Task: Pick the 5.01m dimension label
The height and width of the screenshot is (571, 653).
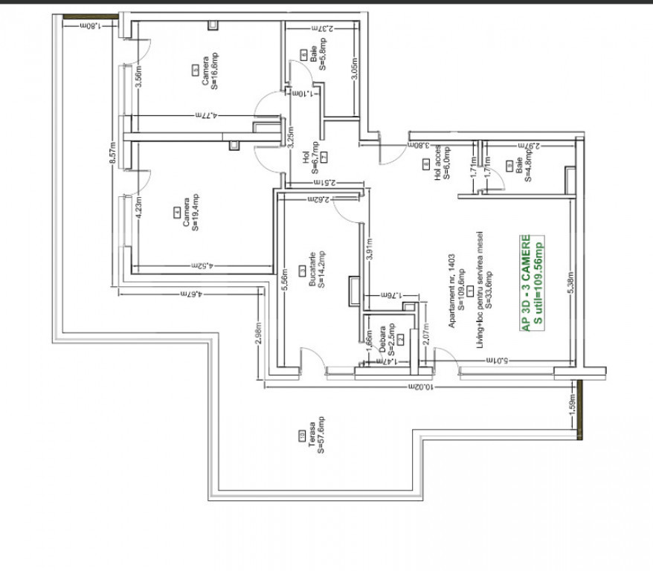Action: [x=496, y=361]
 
